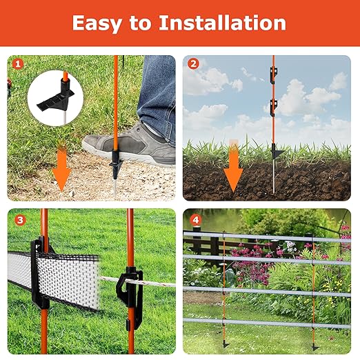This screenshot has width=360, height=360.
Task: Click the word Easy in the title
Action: [97, 23]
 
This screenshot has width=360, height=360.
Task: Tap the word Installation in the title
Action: [222, 23]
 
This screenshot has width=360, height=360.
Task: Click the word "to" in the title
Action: [140, 23]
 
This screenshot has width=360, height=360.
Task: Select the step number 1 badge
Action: [18, 64]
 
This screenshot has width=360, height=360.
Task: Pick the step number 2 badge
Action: [193, 63]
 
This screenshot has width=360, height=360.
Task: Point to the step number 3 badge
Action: [20, 220]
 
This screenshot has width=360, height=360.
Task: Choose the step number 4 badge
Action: [195, 220]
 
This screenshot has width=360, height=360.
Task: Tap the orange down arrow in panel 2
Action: [233, 166]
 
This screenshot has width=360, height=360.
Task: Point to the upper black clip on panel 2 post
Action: [274, 75]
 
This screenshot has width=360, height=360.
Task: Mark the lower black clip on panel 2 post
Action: [274, 108]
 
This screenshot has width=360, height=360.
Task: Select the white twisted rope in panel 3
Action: [138, 282]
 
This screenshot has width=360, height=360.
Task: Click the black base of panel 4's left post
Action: [225, 344]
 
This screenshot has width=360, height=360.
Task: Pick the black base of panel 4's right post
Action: [314, 346]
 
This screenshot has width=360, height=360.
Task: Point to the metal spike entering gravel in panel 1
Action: [114, 186]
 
